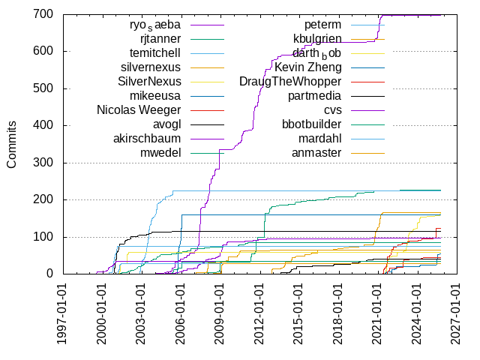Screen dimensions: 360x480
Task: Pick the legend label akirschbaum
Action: (x=148, y=139)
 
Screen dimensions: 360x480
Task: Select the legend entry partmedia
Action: (x=315, y=96)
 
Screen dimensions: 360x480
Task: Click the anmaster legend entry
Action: (x=316, y=153)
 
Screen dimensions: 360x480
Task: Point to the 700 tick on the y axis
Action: (x=42, y=14)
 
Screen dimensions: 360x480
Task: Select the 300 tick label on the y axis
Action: (x=42, y=163)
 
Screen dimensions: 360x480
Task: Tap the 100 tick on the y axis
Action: (x=42, y=237)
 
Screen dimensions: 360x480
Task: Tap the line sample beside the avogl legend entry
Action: (x=207, y=124)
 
